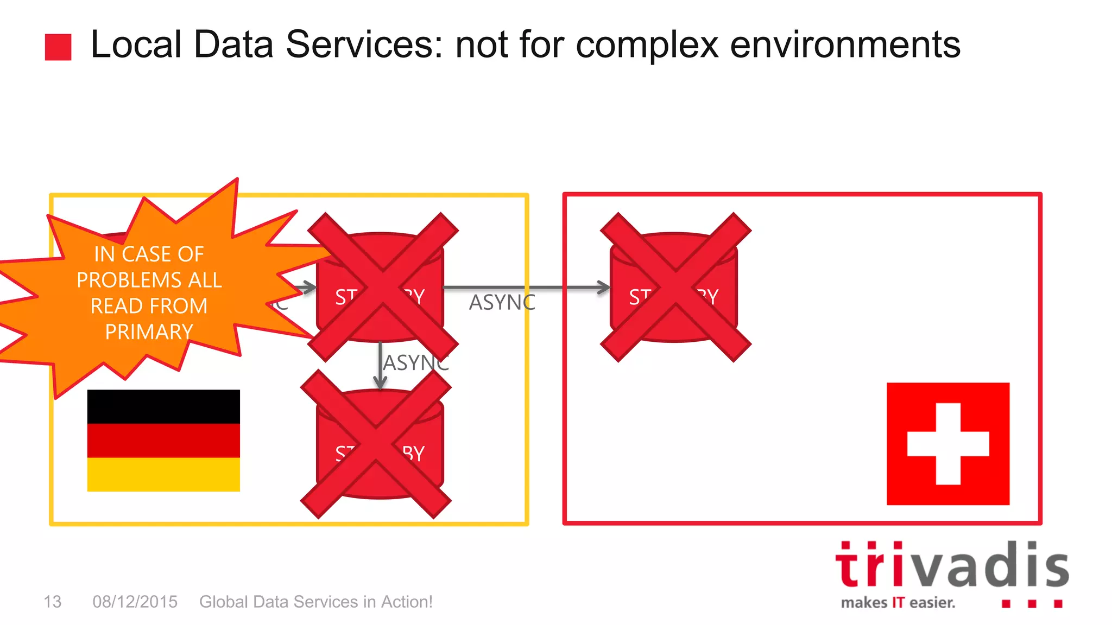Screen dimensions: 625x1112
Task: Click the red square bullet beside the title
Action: [58, 47]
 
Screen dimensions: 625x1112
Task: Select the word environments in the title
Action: [845, 44]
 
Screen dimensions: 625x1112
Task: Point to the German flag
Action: [163, 440]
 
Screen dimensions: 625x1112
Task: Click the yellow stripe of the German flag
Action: [163, 474]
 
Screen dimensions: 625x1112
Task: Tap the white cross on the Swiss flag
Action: [948, 444]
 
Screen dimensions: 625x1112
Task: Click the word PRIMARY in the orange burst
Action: [149, 331]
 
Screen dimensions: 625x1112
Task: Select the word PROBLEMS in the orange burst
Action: [129, 280]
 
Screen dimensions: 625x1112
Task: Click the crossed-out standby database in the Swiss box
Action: [675, 287]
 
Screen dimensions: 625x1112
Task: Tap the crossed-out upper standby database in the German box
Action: [383, 287]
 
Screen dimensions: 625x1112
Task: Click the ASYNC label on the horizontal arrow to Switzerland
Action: [502, 303]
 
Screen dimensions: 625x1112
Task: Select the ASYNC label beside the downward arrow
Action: [416, 363]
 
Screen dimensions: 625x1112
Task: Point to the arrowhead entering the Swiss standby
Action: [604, 288]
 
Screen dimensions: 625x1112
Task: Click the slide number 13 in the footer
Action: [52, 602]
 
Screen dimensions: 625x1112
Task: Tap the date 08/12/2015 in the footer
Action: [135, 602]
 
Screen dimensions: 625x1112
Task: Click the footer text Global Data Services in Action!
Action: [315, 602]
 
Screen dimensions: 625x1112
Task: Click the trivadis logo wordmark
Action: [952, 565]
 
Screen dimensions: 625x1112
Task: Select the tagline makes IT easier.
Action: [898, 603]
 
